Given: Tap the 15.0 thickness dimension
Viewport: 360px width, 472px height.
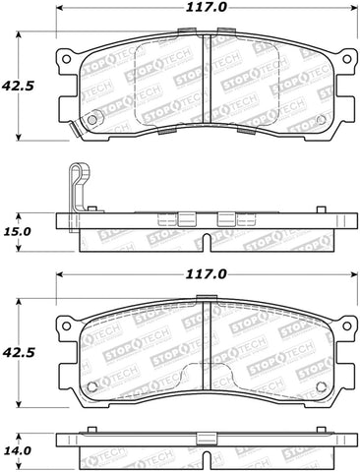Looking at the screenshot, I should (17, 232).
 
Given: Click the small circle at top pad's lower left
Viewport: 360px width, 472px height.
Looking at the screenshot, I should (92, 121).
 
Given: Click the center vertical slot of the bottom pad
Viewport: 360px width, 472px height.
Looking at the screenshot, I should (204, 339).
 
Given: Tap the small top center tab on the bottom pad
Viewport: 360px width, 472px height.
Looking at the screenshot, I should (204, 298).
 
